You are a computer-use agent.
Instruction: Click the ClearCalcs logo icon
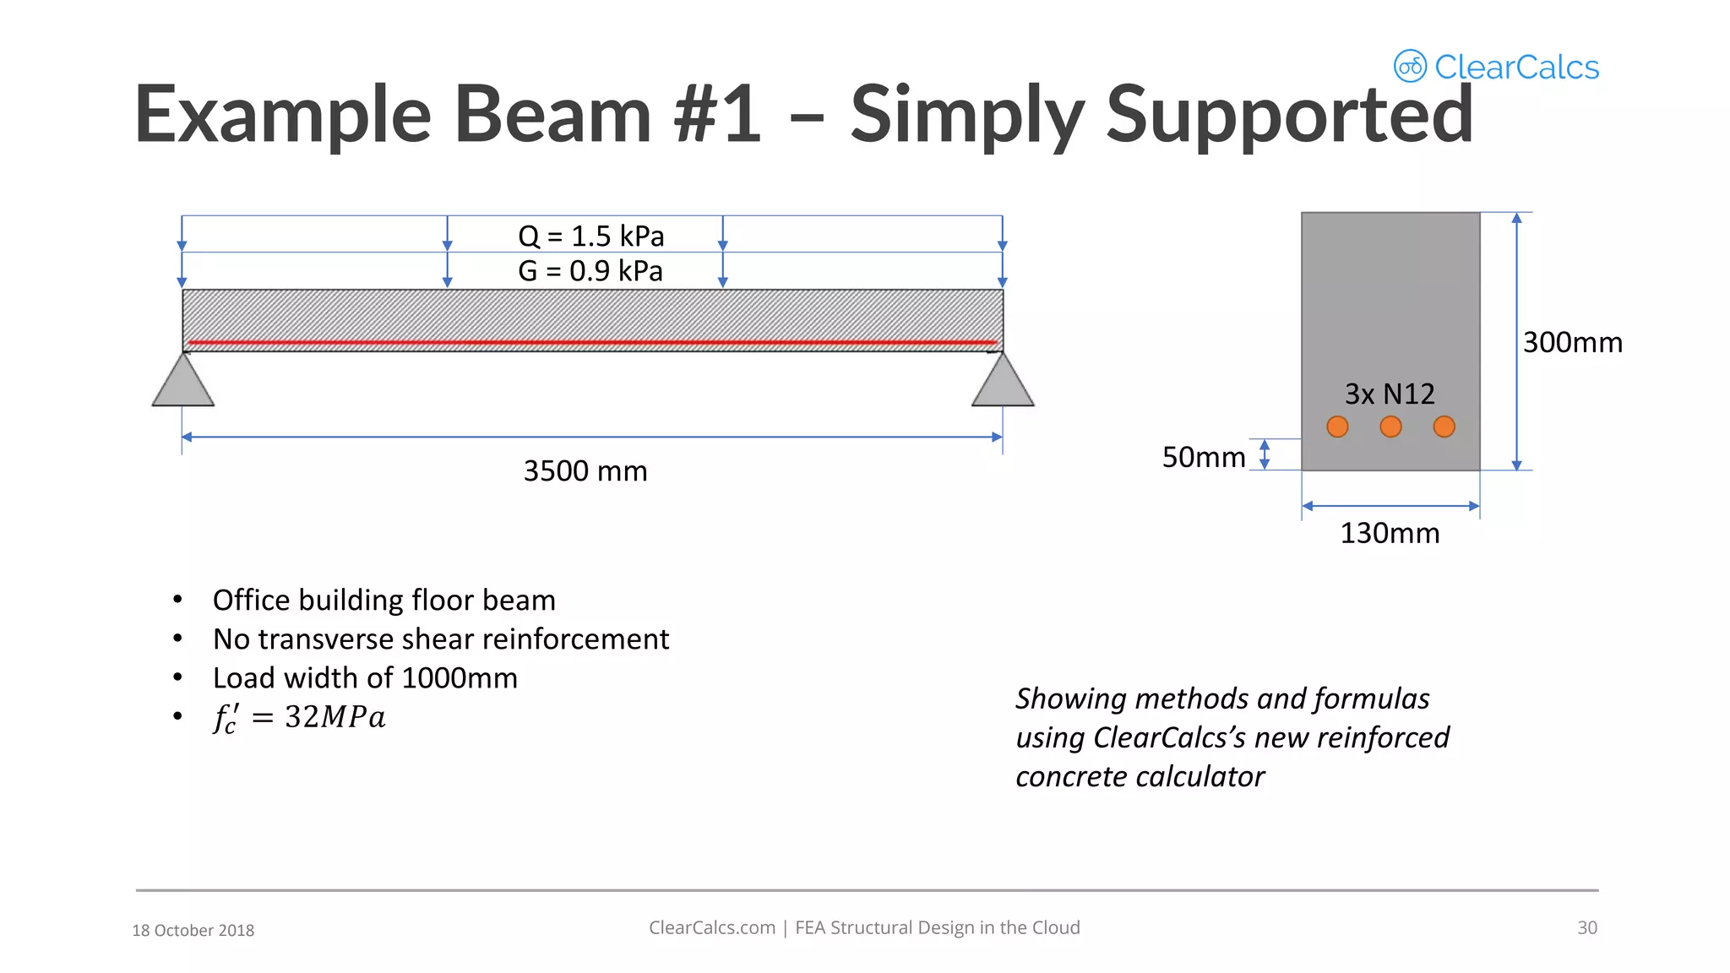pos(1410,66)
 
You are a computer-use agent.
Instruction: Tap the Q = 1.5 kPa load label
pos(590,236)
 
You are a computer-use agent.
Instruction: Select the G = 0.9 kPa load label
pos(590,271)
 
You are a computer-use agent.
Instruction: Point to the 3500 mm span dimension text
pos(585,471)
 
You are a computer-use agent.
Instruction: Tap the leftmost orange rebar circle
pos(1337,427)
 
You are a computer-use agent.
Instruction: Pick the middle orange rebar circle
pos(1390,427)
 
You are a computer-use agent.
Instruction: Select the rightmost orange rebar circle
pos(1444,427)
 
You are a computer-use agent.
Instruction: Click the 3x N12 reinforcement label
pos(1390,394)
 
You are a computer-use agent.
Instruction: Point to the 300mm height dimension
pos(1572,342)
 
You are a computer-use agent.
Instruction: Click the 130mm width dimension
pos(1390,533)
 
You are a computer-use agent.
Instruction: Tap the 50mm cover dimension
pos(1204,457)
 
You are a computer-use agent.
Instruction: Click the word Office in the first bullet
pos(251,600)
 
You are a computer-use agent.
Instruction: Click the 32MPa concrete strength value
pos(335,717)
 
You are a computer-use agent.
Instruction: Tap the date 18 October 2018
pos(193,930)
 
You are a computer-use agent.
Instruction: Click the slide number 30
pos(1586,927)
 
